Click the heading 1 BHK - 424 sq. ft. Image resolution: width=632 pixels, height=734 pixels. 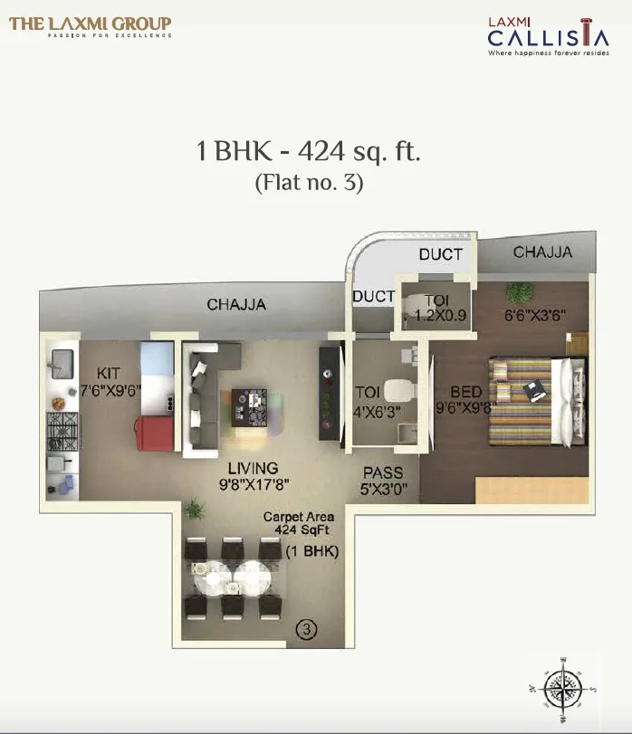coord(309,150)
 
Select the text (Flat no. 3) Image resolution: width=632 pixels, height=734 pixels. coord(309,183)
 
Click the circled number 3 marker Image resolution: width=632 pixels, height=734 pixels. coord(307,628)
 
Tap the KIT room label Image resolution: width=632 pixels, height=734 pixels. coord(110,373)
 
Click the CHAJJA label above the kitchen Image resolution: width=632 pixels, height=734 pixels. coord(236,305)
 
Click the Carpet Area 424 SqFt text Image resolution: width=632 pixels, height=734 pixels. coord(298,525)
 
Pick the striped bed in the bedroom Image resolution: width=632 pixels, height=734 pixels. coord(530,398)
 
